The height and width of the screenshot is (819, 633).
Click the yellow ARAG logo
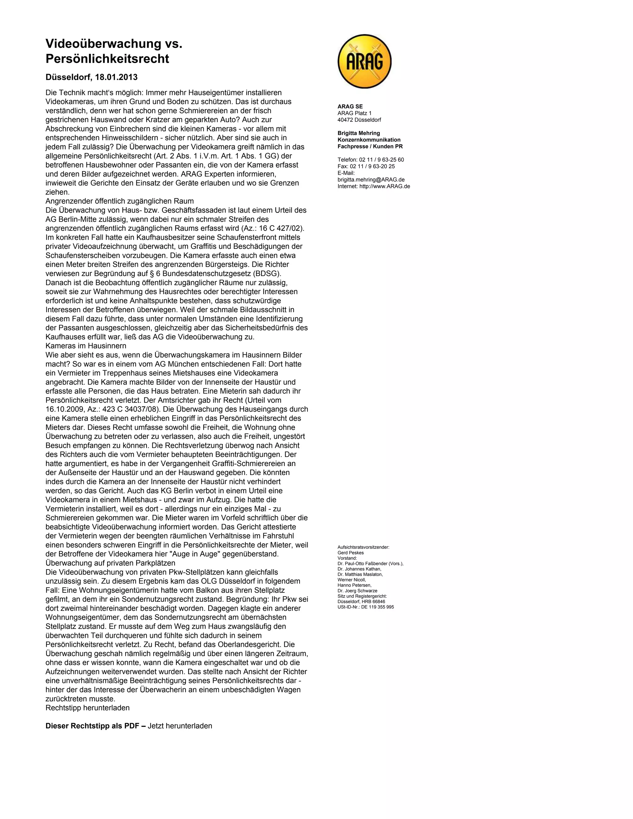(364, 61)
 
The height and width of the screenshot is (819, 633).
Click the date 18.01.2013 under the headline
(116, 77)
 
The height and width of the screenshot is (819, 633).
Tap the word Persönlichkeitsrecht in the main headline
(107, 59)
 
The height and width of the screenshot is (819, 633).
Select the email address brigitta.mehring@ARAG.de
(371, 180)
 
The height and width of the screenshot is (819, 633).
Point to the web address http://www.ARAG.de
(384, 186)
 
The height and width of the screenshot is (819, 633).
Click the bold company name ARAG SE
(350, 107)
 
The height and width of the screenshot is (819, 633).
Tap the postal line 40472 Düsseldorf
(359, 120)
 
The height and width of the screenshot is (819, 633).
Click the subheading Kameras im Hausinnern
(86, 346)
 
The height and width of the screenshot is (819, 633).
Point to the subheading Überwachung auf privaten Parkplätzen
(110, 563)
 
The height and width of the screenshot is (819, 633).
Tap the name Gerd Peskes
(350, 553)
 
